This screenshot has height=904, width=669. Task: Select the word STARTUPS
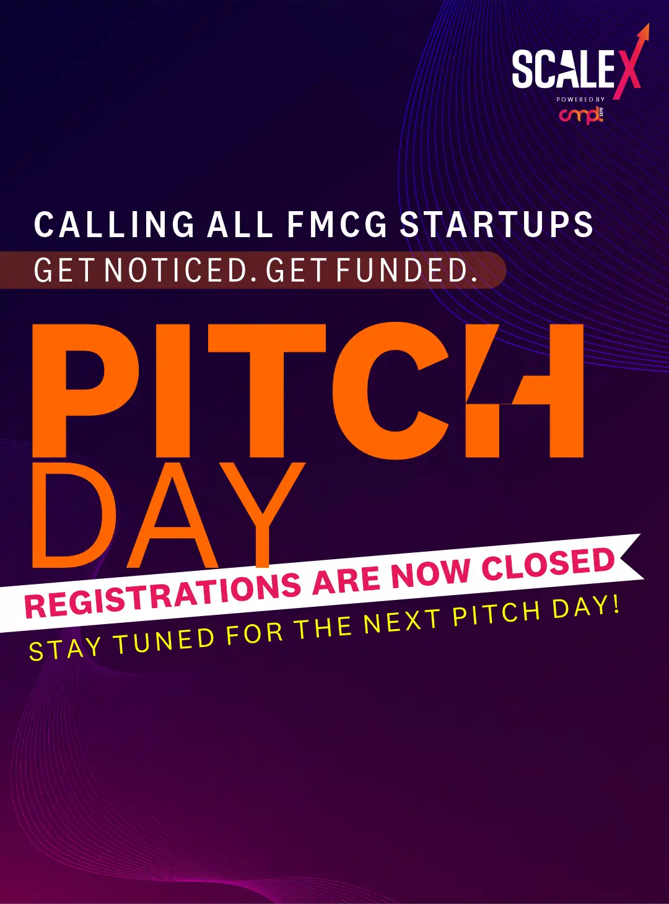click(496, 224)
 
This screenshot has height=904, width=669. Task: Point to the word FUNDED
click(406, 270)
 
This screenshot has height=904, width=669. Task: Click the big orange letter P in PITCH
click(85, 391)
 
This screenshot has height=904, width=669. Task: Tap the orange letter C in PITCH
click(390, 391)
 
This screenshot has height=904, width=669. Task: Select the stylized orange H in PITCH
click(524, 391)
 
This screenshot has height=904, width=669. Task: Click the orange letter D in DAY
click(74, 515)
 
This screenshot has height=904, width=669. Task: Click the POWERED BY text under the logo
click(580, 100)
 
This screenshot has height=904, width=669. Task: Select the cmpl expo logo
click(581, 115)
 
